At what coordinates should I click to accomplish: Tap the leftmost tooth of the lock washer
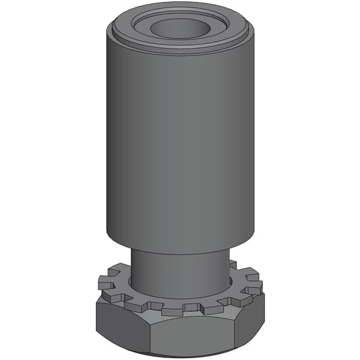click(103, 282)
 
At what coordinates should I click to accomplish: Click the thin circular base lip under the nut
click(179, 355)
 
